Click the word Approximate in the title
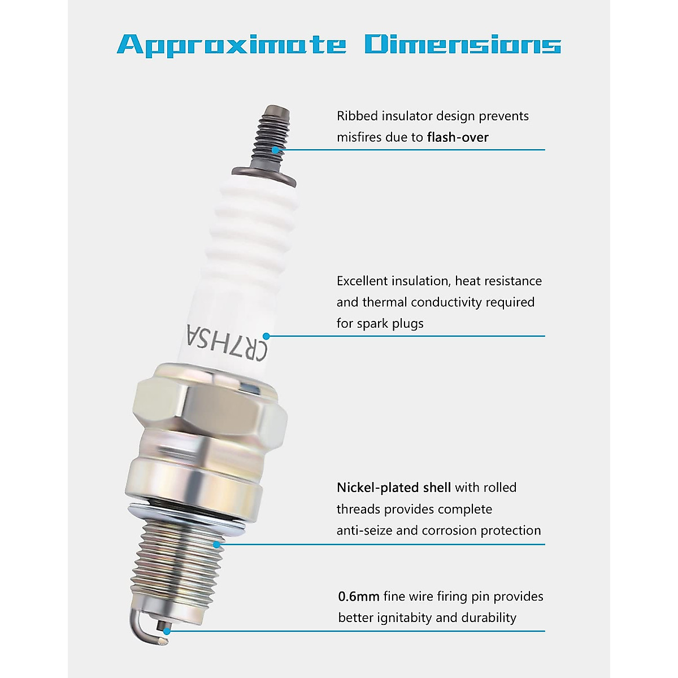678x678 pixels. (x=232, y=45)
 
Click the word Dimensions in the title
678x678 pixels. (x=462, y=44)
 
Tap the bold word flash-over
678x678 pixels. (x=458, y=137)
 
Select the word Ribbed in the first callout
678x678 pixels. (x=357, y=116)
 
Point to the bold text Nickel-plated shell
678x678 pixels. (x=393, y=488)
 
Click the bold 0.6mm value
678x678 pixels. (x=358, y=597)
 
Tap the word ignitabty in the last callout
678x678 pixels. (x=404, y=618)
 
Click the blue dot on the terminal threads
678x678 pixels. (x=275, y=150)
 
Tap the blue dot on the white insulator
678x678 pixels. (x=266, y=336)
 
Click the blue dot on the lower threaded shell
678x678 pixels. (x=216, y=545)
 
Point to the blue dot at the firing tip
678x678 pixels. (x=166, y=631)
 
